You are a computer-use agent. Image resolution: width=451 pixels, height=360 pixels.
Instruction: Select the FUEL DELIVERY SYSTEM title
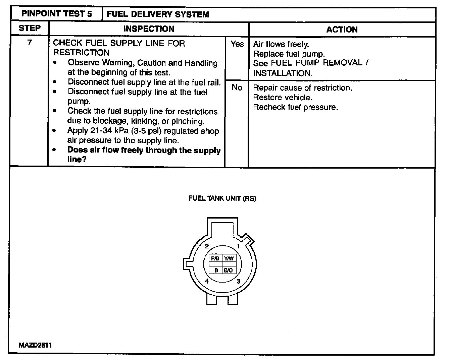(x=158, y=14)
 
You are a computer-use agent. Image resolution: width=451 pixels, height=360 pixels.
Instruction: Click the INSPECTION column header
(x=149, y=29)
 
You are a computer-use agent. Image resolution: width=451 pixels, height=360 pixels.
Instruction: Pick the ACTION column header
(x=342, y=29)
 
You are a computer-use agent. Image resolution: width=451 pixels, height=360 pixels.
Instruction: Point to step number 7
(x=30, y=43)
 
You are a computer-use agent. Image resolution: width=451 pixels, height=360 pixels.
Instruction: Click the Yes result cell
(x=237, y=44)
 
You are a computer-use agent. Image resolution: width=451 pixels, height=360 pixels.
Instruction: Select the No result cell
(x=237, y=87)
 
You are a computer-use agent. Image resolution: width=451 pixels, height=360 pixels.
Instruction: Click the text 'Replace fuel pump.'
(x=289, y=54)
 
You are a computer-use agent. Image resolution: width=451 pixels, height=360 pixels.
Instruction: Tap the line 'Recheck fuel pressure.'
(x=295, y=107)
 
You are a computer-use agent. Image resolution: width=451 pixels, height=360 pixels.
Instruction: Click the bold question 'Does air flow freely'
(x=144, y=150)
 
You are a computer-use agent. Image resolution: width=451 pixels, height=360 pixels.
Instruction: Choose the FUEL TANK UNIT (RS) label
(x=222, y=198)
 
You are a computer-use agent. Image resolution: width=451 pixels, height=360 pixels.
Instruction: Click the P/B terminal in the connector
(x=215, y=258)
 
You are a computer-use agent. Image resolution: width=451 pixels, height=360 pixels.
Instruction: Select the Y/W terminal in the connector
(x=230, y=258)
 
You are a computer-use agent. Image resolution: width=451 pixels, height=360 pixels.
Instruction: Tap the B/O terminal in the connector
(x=229, y=270)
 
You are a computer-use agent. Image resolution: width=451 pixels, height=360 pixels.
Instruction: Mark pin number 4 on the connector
(x=207, y=281)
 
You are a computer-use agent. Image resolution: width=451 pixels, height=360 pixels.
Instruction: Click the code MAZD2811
(x=35, y=345)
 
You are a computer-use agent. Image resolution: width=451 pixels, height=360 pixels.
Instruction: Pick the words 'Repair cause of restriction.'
(x=302, y=88)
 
